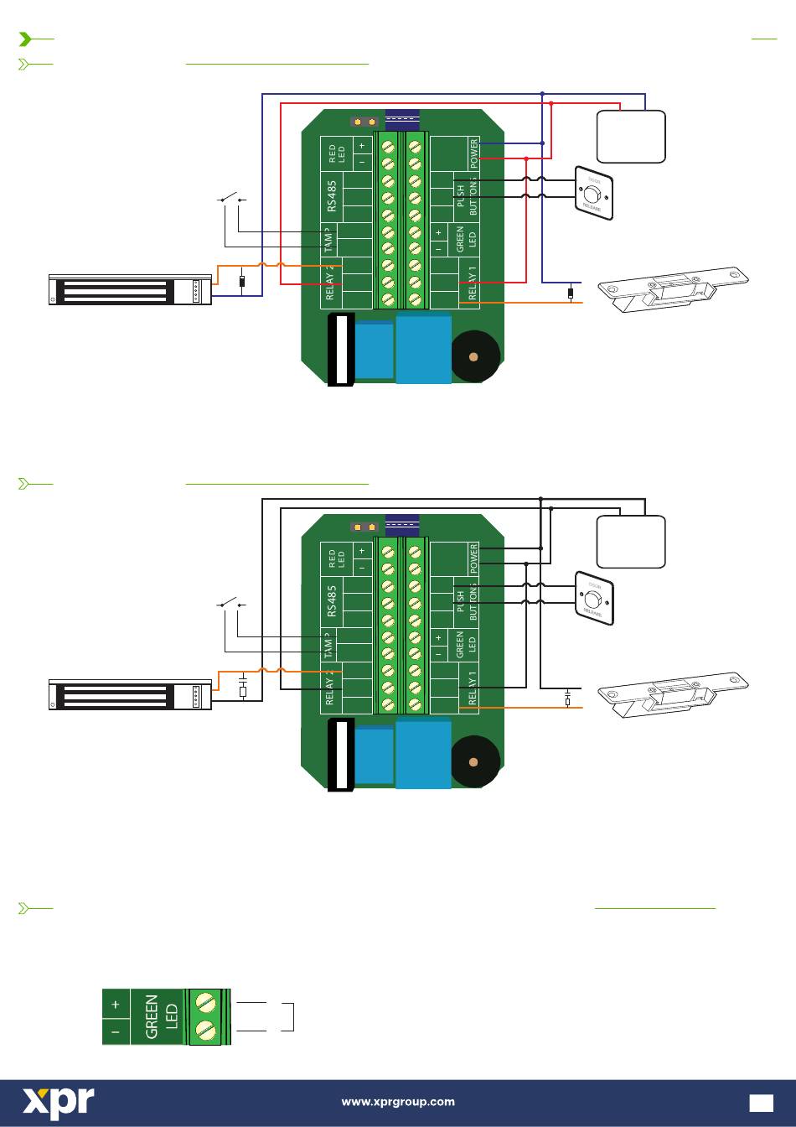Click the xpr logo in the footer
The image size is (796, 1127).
tap(58, 1102)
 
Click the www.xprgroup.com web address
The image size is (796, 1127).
tap(398, 1102)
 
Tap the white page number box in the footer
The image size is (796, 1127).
tap(762, 1103)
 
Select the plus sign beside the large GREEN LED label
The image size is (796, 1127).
tap(116, 1004)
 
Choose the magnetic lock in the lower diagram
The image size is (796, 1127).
tap(130, 695)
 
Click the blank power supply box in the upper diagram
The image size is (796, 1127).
tap(631, 136)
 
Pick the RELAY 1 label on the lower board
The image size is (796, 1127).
tap(473, 688)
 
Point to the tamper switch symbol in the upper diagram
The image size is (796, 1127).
tap(231, 199)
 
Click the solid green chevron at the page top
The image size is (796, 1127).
tap(26, 39)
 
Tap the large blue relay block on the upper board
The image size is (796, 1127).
tap(424, 347)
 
